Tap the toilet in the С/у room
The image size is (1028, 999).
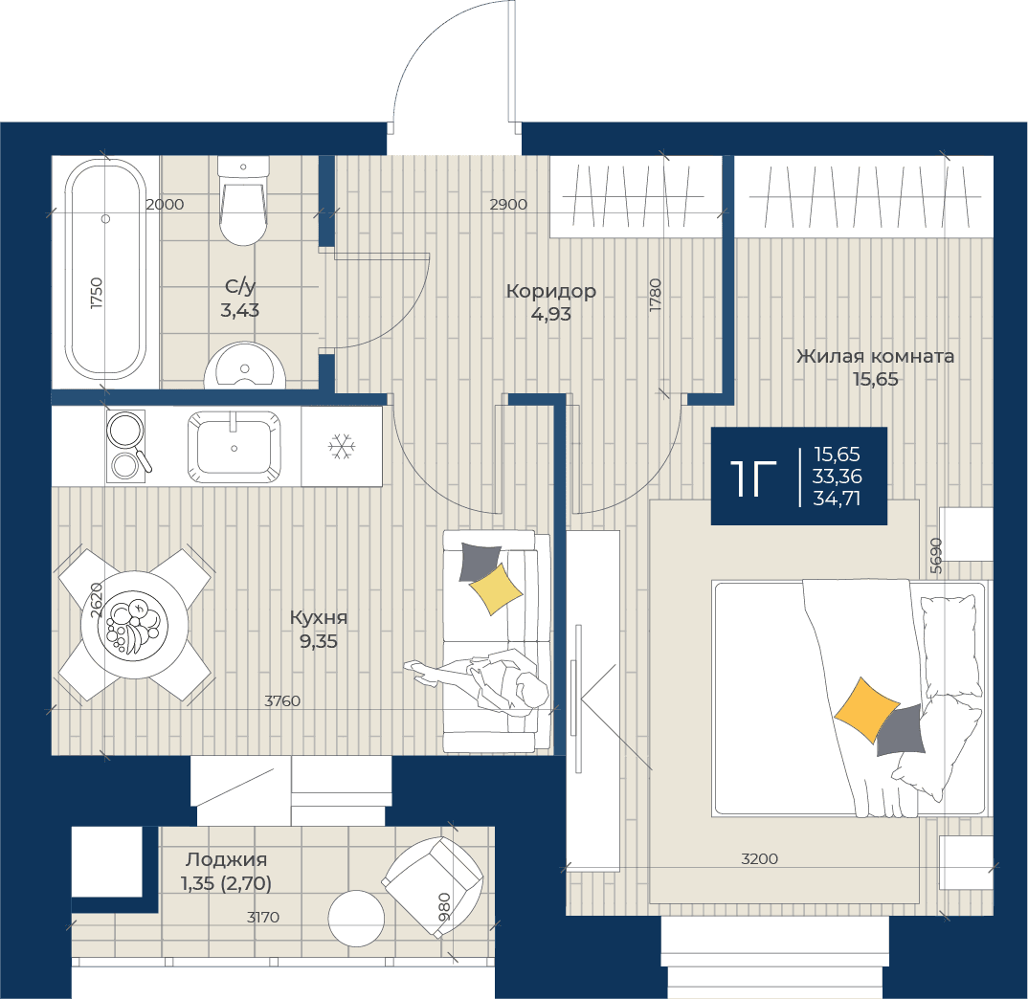pos(243,201)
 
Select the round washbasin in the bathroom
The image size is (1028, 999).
pos(244,366)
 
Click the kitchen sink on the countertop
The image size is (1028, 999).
pos(235,447)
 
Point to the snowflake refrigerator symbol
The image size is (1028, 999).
pos(342,447)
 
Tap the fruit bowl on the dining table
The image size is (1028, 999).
pos(133,626)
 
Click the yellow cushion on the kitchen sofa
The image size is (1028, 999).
pos(496,589)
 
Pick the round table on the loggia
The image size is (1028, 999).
pos(356,919)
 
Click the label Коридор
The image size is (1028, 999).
pos(550,290)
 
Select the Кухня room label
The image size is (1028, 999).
pos(319,617)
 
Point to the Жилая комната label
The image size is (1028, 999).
pos(875,356)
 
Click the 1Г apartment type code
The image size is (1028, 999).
pos(753,478)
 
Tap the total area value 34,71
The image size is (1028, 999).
pos(837,499)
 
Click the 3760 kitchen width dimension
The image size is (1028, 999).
pos(282,700)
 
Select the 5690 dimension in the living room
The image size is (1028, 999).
pos(936,556)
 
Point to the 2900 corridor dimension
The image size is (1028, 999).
pos(509,205)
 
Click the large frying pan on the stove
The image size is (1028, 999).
pos(126,430)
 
